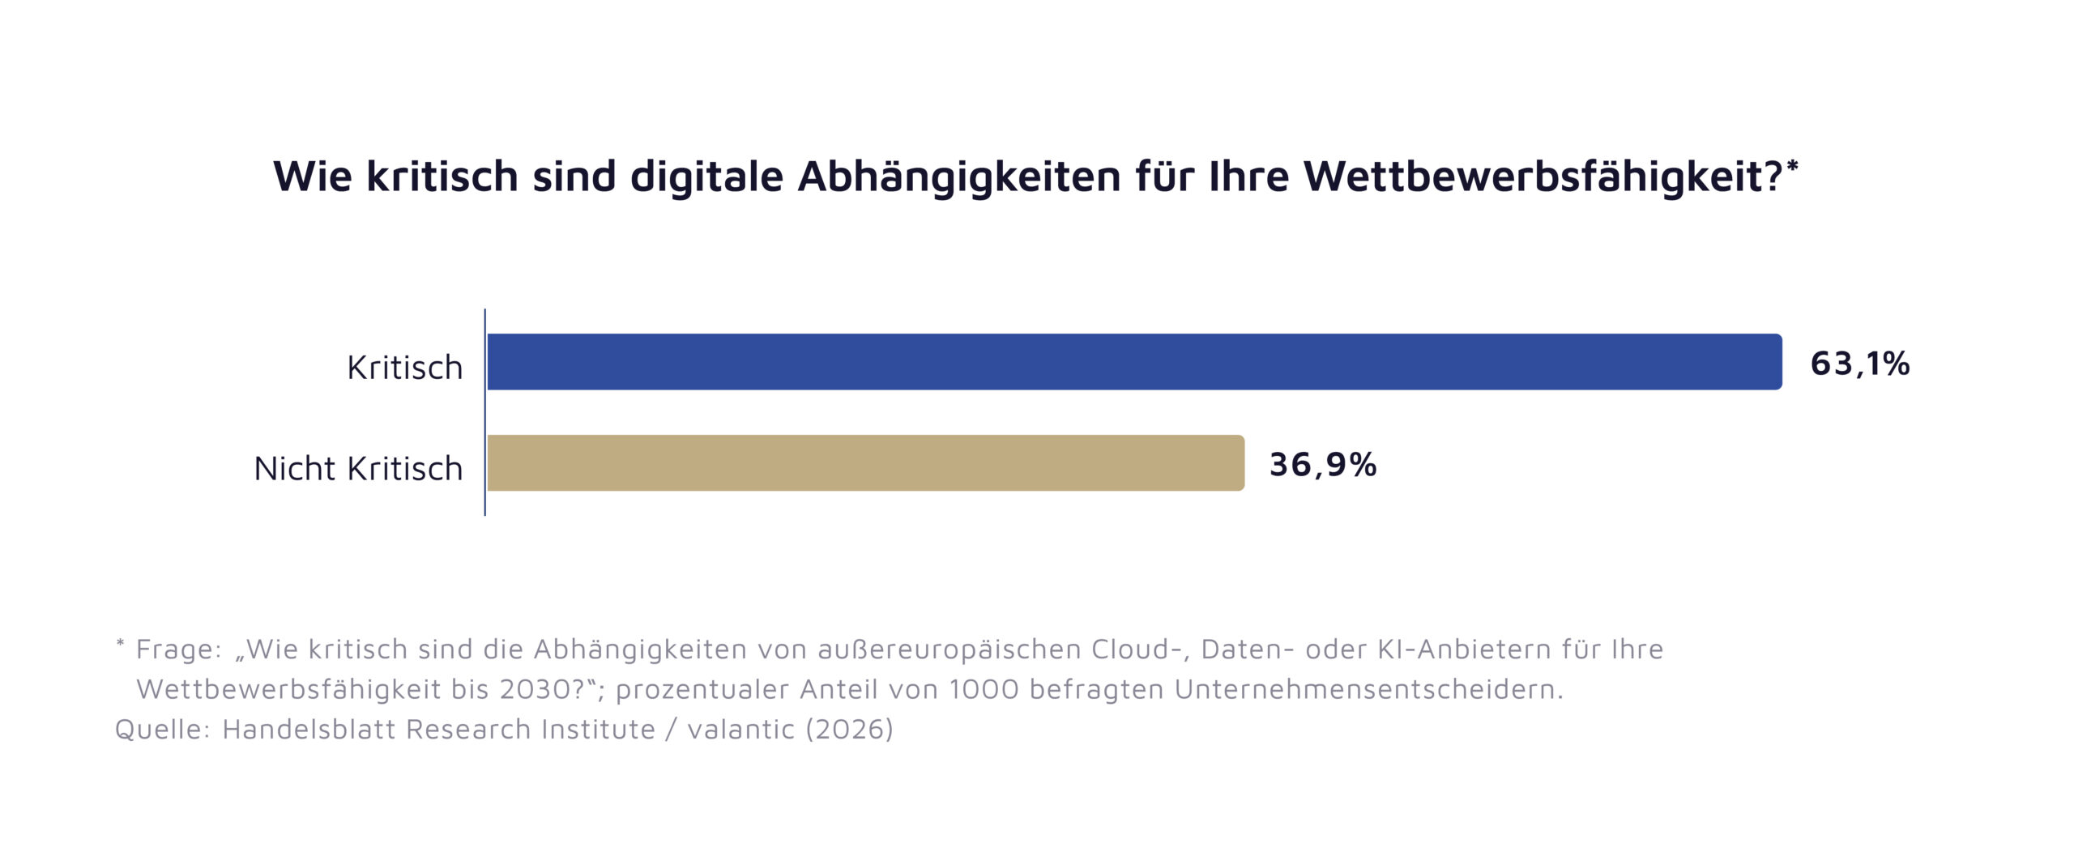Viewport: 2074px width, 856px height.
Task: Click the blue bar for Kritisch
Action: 1134,362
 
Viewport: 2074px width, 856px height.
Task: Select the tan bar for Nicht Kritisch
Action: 865,463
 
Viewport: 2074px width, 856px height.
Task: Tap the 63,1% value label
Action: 1859,364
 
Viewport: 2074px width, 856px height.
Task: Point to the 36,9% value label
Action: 1322,465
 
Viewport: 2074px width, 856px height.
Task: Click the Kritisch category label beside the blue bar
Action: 404,368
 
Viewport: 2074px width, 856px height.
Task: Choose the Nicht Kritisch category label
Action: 358,469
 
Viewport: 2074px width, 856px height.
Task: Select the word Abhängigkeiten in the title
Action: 959,177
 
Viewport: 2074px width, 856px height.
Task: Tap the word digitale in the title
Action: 706,177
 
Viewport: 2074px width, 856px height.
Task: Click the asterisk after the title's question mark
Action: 1793,166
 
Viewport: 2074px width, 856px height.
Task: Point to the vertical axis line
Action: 485,412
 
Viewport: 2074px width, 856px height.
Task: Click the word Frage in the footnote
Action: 177,649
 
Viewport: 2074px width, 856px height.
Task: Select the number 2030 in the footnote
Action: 536,689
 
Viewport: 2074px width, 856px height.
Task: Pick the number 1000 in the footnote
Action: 984,689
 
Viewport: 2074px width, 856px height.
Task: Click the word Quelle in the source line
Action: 162,730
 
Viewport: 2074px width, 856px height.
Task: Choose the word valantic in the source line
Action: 740,730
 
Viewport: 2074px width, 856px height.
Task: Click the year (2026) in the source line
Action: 849,730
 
